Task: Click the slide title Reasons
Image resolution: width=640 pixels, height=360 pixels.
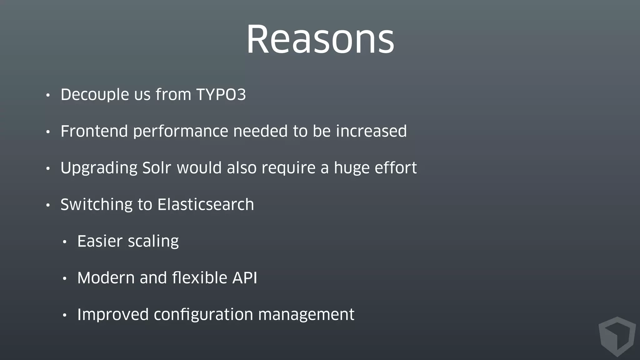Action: point(320,40)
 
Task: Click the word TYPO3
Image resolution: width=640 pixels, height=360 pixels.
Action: point(221,95)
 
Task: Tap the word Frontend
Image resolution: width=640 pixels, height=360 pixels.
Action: point(94,131)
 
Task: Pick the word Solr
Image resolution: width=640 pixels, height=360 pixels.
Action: point(156,168)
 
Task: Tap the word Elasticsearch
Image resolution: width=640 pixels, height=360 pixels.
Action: point(206,205)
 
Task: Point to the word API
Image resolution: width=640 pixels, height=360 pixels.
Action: point(245,278)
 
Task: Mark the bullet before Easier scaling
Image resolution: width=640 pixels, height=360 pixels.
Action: point(65,242)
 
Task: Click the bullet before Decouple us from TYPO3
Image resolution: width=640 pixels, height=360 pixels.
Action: point(48,95)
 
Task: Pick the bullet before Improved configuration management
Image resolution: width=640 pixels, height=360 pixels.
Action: point(65,315)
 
